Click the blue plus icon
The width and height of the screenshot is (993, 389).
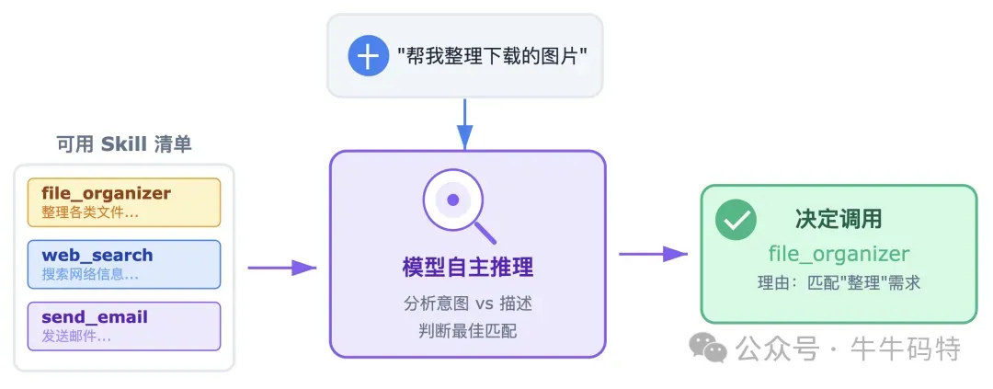(368, 56)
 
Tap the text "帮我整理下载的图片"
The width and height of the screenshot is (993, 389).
(492, 56)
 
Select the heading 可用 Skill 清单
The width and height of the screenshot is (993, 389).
(124, 144)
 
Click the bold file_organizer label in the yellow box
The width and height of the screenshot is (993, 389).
(107, 193)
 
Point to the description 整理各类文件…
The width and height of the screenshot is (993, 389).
(90, 212)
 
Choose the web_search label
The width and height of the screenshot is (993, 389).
(97, 255)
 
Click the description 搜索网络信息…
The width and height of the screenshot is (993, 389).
(90, 274)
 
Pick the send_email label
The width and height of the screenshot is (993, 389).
(95, 317)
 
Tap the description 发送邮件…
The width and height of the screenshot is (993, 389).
(76, 336)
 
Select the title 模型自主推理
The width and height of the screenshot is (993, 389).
(468, 268)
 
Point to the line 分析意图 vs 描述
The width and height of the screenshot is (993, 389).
(468, 304)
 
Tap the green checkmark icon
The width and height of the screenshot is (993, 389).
(736, 220)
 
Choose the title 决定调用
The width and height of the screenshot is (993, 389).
(839, 219)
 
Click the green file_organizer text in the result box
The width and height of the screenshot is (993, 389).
(839, 254)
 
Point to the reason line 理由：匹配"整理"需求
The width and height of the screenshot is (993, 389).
(839, 283)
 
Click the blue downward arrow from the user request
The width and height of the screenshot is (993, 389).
(465, 123)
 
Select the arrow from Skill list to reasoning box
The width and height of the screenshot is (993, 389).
(281, 268)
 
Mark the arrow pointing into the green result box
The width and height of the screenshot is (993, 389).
(653, 254)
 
